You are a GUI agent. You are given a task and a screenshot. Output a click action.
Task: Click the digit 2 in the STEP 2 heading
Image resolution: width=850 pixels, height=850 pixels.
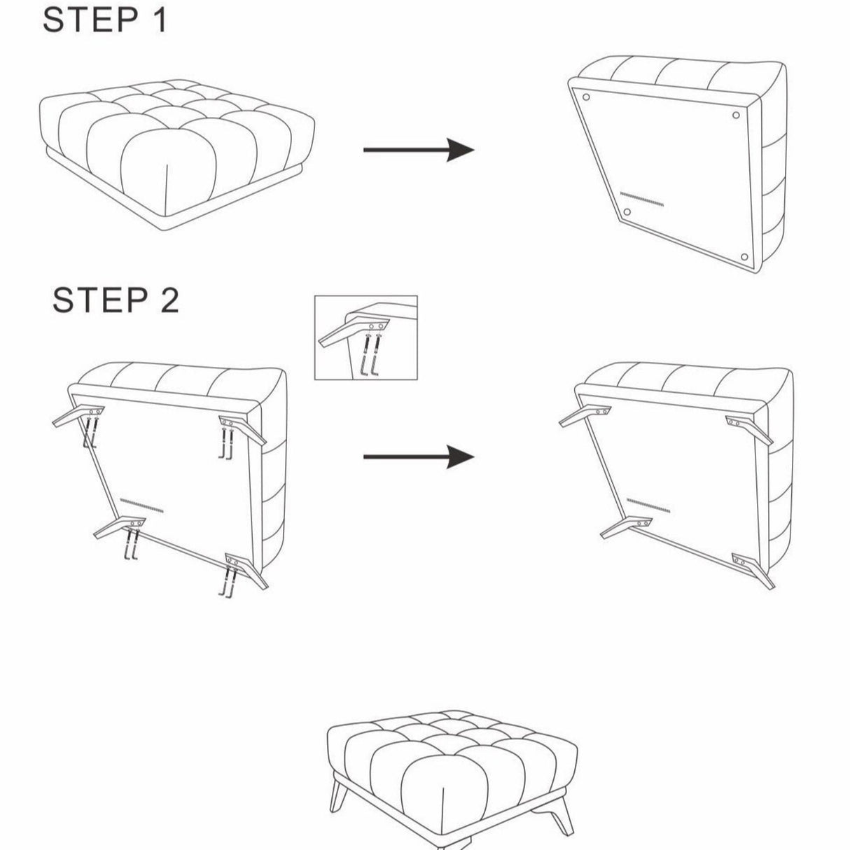click(x=167, y=300)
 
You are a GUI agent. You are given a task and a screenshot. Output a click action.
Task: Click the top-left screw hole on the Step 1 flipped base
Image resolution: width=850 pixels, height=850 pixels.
click(x=586, y=97)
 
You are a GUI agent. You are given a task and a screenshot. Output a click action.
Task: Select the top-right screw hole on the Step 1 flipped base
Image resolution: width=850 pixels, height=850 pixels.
click(x=735, y=116)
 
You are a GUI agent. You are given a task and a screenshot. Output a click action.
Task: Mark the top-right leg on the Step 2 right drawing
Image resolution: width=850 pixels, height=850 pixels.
click(x=752, y=429)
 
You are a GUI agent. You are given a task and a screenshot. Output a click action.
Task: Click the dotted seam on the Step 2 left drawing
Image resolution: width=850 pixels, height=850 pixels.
click(x=141, y=505)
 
